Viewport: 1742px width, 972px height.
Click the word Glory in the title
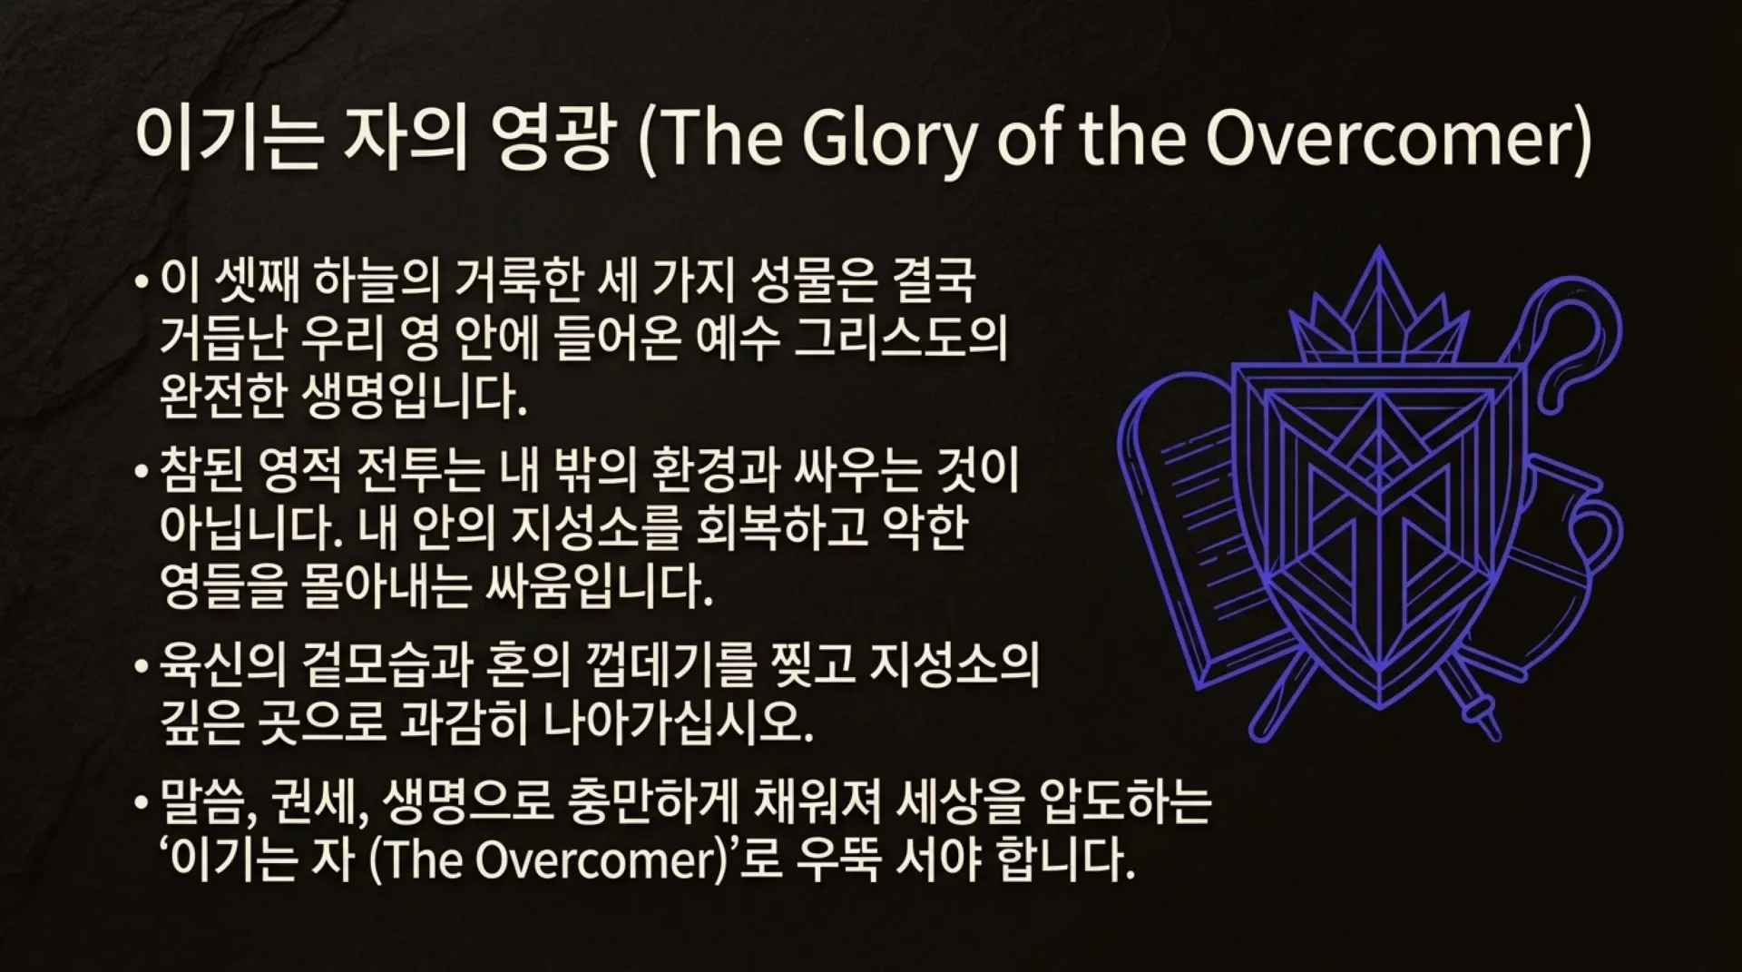coord(888,141)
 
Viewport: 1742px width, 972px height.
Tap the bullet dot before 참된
coord(141,473)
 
